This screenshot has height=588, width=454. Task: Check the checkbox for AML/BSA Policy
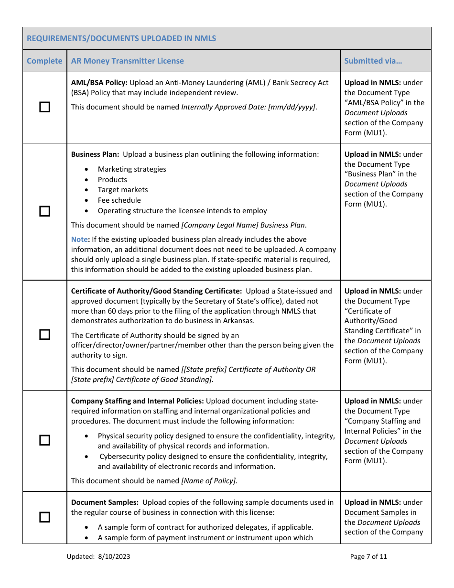click(x=44, y=107)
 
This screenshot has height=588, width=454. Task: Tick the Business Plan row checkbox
click(x=44, y=211)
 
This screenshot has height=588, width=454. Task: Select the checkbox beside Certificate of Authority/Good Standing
click(x=44, y=335)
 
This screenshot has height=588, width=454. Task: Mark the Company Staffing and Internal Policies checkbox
click(x=44, y=440)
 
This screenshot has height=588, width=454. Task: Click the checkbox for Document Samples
click(x=44, y=517)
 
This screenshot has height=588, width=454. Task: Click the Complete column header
click(x=44, y=61)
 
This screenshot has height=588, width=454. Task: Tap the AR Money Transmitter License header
click(x=127, y=61)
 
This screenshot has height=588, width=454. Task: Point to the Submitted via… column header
click(x=373, y=61)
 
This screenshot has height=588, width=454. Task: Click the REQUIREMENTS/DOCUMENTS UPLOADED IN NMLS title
click(x=121, y=38)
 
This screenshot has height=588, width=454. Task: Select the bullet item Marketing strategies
click(x=132, y=169)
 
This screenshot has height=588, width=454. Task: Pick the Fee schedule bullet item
click(x=119, y=200)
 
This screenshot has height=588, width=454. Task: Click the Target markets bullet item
click(x=123, y=190)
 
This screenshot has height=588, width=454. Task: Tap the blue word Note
click(x=79, y=239)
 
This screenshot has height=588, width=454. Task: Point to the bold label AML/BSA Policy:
click(x=99, y=83)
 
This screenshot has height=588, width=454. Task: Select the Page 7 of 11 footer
click(x=368, y=556)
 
